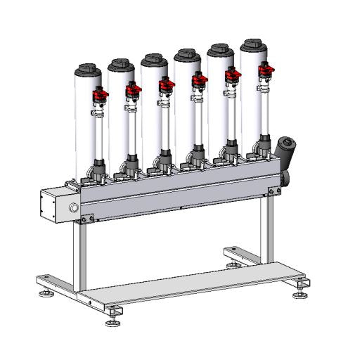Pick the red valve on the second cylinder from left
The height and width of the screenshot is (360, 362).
pos(131,89)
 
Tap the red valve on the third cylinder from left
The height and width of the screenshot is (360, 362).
pos(166,84)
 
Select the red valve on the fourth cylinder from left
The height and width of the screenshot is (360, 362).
pos(199,79)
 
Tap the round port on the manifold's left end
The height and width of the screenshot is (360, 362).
pos(74,208)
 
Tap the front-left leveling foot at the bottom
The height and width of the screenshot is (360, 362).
pos(112,322)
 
